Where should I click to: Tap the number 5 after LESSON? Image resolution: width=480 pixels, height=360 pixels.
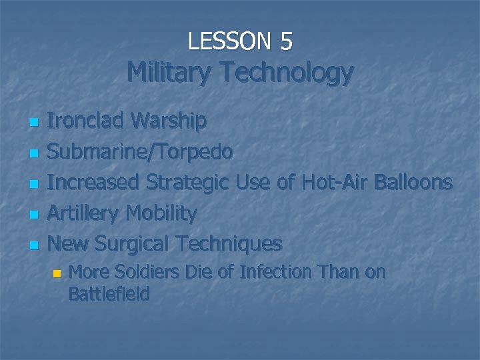[286, 41]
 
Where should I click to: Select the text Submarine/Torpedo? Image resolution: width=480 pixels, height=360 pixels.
[140, 152]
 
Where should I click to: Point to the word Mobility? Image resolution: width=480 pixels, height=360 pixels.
[161, 213]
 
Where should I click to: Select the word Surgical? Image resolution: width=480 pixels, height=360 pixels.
[132, 244]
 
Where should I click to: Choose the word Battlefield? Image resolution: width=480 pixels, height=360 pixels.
[109, 294]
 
